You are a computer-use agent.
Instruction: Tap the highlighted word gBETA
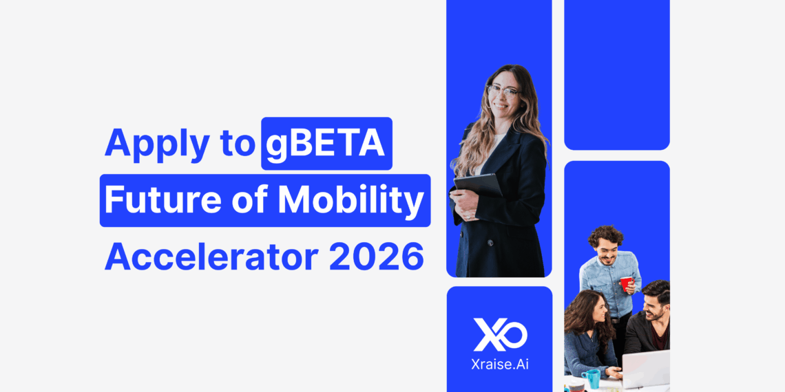[326, 144]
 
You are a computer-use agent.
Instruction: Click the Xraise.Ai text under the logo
[499, 364]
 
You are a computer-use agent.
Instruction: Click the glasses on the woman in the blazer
[503, 91]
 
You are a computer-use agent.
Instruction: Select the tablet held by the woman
[478, 184]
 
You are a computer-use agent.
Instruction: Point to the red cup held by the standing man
[625, 283]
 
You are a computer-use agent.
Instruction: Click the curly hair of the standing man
[606, 236]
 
